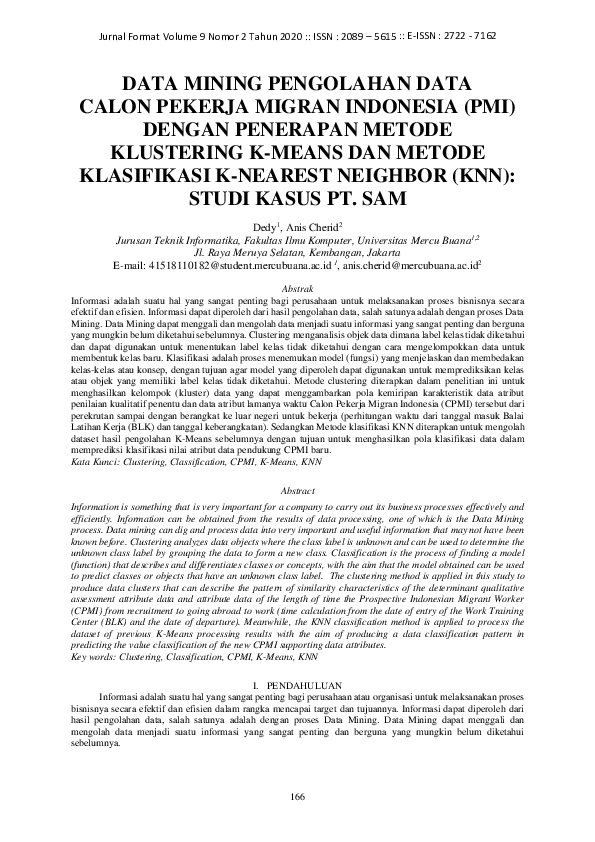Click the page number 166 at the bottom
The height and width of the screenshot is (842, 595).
coord(297,796)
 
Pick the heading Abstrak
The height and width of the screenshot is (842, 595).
coord(297,288)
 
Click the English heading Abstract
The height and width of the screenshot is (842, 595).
coord(297,492)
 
